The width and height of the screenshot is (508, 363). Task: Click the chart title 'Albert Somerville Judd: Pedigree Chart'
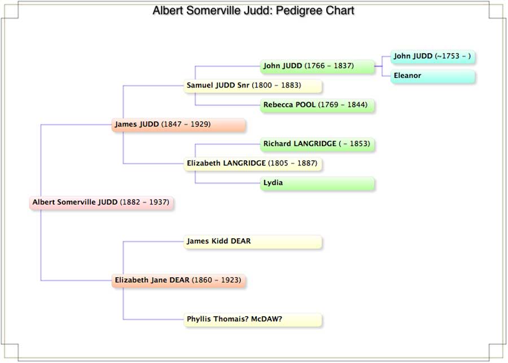pos(253,11)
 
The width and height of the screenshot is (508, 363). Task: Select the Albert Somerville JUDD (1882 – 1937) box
pos(102,203)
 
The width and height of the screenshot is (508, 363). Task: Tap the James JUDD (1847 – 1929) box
pos(178,125)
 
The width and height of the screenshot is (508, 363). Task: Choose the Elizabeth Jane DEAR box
pos(178,281)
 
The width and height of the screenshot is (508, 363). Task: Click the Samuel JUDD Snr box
pos(253,86)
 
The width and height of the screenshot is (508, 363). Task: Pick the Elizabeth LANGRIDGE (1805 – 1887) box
pos(253,164)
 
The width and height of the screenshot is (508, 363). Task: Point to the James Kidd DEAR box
pos(253,242)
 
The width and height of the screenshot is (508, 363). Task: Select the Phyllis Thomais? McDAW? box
pos(253,320)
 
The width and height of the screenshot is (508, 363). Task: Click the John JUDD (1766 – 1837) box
pos(317,67)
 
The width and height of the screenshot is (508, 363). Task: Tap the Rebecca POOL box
pos(317,106)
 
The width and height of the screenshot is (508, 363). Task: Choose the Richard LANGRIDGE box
pos(317,144)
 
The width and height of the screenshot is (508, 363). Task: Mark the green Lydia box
pos(317,183)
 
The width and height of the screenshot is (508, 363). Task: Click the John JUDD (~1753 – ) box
pos(433,56)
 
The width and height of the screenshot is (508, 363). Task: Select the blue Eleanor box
pos(433,76)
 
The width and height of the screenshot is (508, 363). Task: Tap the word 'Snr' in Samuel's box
pos(243,85)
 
